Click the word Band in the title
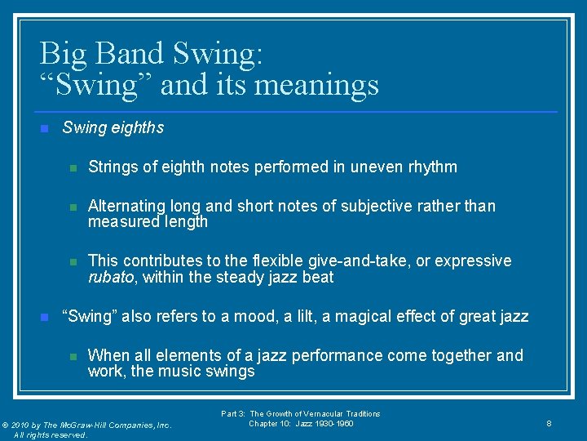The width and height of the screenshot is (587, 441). pos(130,53)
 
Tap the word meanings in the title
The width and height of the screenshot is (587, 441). pos(322,84)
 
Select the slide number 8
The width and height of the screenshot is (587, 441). pos(549,424)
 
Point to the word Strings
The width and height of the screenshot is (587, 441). pos(113,167)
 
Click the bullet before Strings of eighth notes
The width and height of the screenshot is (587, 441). pos(72,167)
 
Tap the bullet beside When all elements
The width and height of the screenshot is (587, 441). pos(72,356)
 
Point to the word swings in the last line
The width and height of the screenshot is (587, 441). pos(232,372)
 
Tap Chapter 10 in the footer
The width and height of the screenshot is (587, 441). pos(270,424)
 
